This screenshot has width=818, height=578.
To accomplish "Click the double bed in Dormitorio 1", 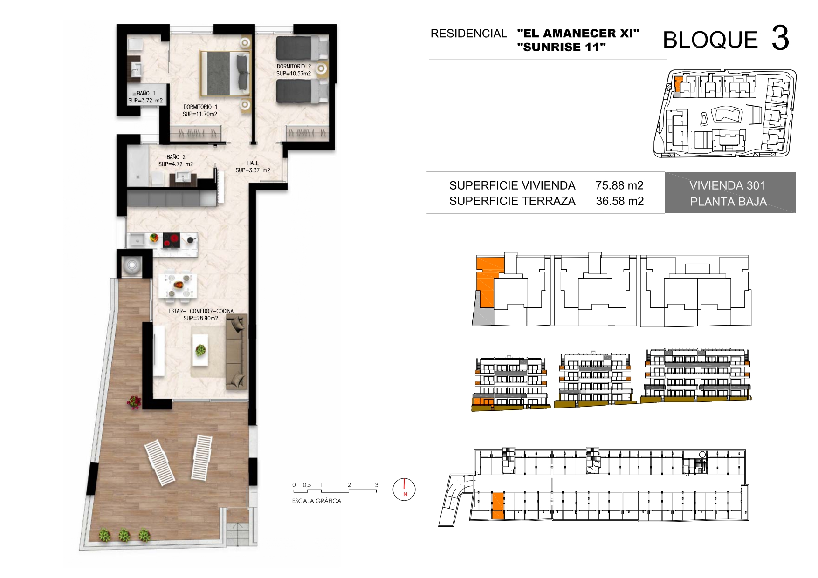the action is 226,74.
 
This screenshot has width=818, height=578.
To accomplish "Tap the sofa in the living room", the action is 236,352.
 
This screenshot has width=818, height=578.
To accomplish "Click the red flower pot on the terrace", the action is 135,401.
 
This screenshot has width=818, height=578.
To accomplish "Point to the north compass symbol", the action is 404,490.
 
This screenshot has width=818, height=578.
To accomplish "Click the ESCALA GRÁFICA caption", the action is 316,501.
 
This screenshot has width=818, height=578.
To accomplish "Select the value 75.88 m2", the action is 619,185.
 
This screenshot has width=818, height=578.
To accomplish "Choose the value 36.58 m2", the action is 620,201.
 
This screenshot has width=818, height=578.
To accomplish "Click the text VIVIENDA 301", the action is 728,185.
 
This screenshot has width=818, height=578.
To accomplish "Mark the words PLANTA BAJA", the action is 729,202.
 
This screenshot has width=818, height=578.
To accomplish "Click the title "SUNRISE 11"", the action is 562,47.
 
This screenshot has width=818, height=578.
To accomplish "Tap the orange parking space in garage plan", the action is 498,506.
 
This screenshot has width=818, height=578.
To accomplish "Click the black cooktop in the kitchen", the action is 171,240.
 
